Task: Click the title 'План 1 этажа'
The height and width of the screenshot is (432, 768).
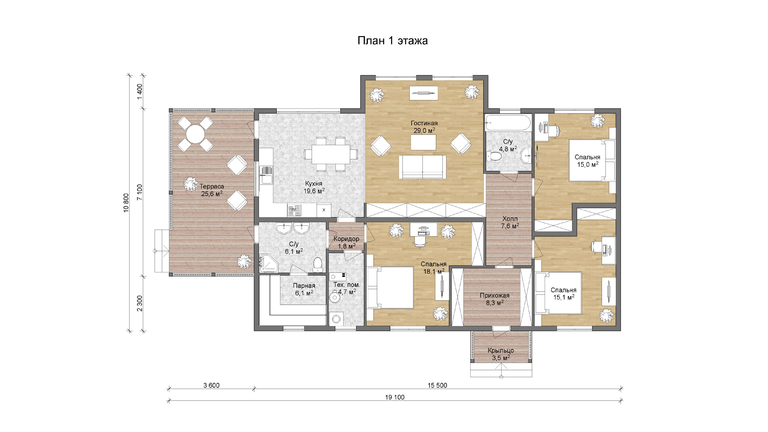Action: (x=392, y=41)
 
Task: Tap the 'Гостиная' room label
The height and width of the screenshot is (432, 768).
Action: (x=424, y=123)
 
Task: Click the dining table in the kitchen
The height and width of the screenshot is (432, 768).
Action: (x=331, y=154)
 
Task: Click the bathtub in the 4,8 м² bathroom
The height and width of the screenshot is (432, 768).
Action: (x=508, y=123)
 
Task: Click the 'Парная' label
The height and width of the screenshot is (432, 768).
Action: (x=304, y=286)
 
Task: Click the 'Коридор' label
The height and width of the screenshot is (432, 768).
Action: (x=346, y=239)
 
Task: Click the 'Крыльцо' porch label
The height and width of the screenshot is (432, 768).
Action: (x=501, y=351)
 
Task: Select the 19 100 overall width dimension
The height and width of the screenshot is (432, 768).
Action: (x=395, y=397)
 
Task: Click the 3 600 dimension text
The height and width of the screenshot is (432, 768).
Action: (x=211, y=385)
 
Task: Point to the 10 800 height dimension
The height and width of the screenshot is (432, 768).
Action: (x=126, y=203)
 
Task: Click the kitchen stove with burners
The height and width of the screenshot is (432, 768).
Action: (x=295, y=210)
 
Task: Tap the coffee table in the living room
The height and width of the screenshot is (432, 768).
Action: (x=423, y=143)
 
